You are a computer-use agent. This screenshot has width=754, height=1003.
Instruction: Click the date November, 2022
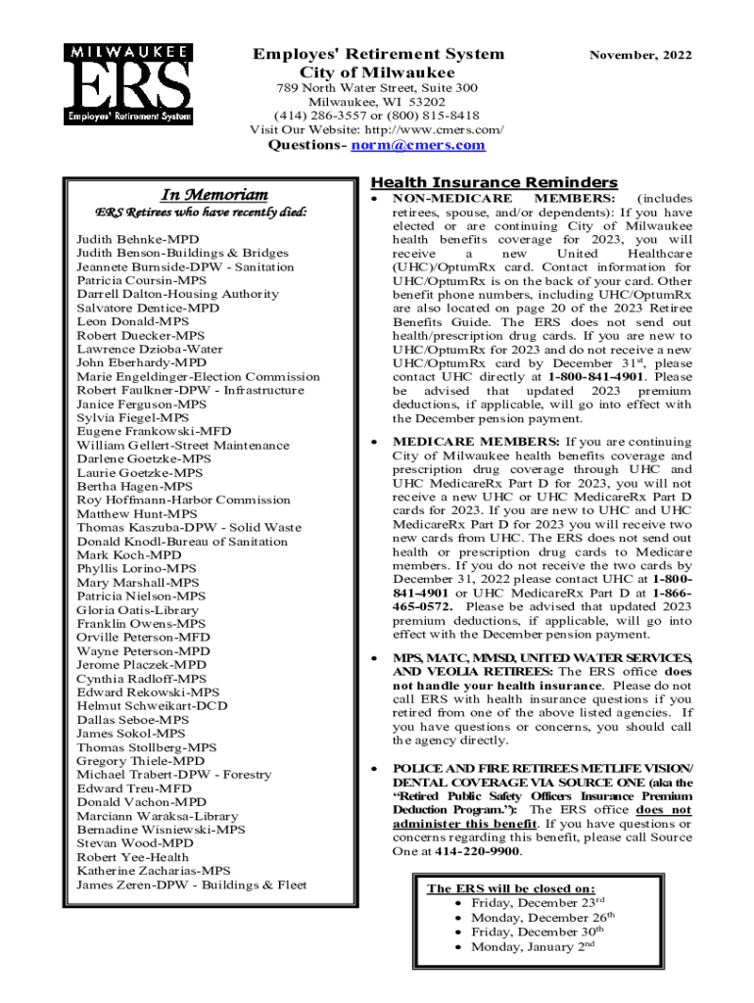pos(639,56)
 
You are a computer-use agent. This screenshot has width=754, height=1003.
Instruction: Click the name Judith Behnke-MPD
pos(137,239)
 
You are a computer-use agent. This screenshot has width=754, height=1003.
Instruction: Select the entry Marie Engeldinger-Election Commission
pos(198,376)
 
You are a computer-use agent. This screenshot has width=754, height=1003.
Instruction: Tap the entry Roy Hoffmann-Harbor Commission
pos(183,500)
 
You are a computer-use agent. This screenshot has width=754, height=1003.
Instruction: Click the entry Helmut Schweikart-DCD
pos(152,705)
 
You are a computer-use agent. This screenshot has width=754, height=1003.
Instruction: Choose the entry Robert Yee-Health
pos(132,856)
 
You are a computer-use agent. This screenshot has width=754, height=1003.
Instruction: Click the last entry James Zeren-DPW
pos(191,884)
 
